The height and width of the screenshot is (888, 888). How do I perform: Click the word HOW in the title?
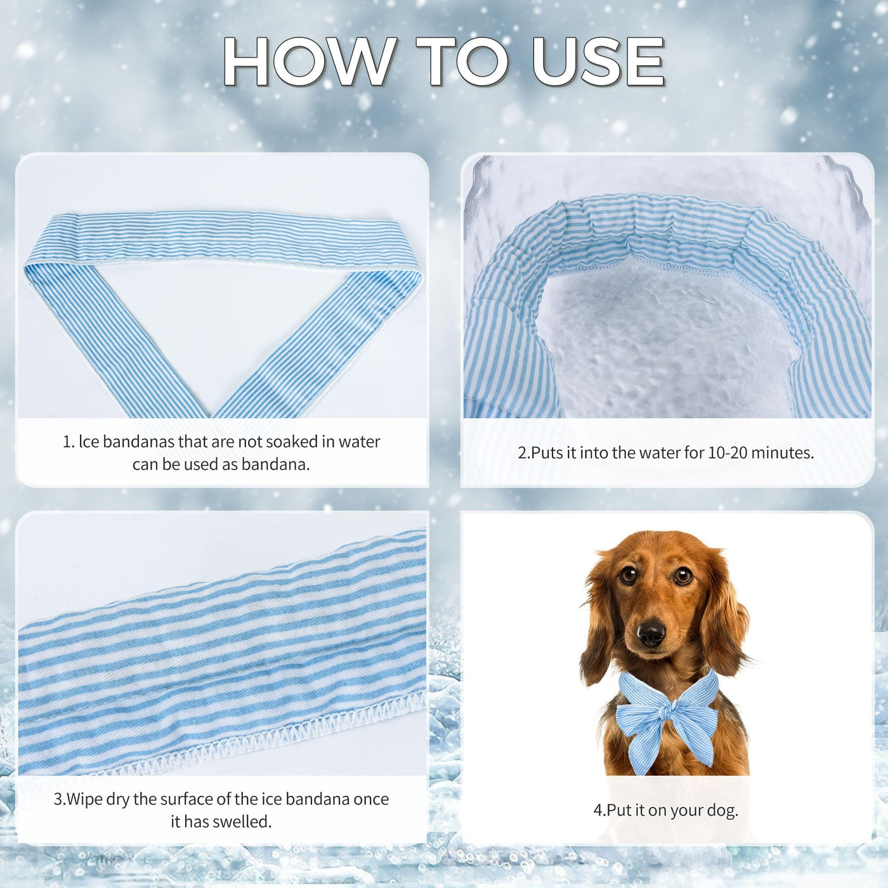click(309, 62)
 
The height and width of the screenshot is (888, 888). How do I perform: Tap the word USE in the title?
click(598, 62)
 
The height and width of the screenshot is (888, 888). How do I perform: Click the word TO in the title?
click(464, 62)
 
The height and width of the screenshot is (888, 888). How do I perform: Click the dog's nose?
click(651, 633)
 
